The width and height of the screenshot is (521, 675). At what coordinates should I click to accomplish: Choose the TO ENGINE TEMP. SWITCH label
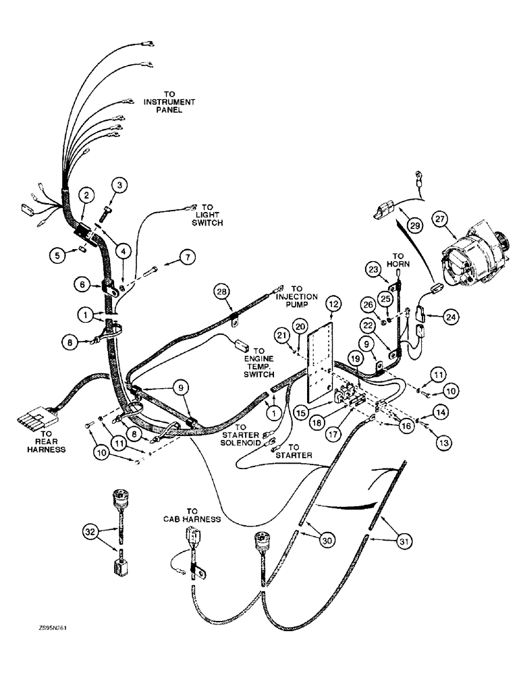[260, 364]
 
